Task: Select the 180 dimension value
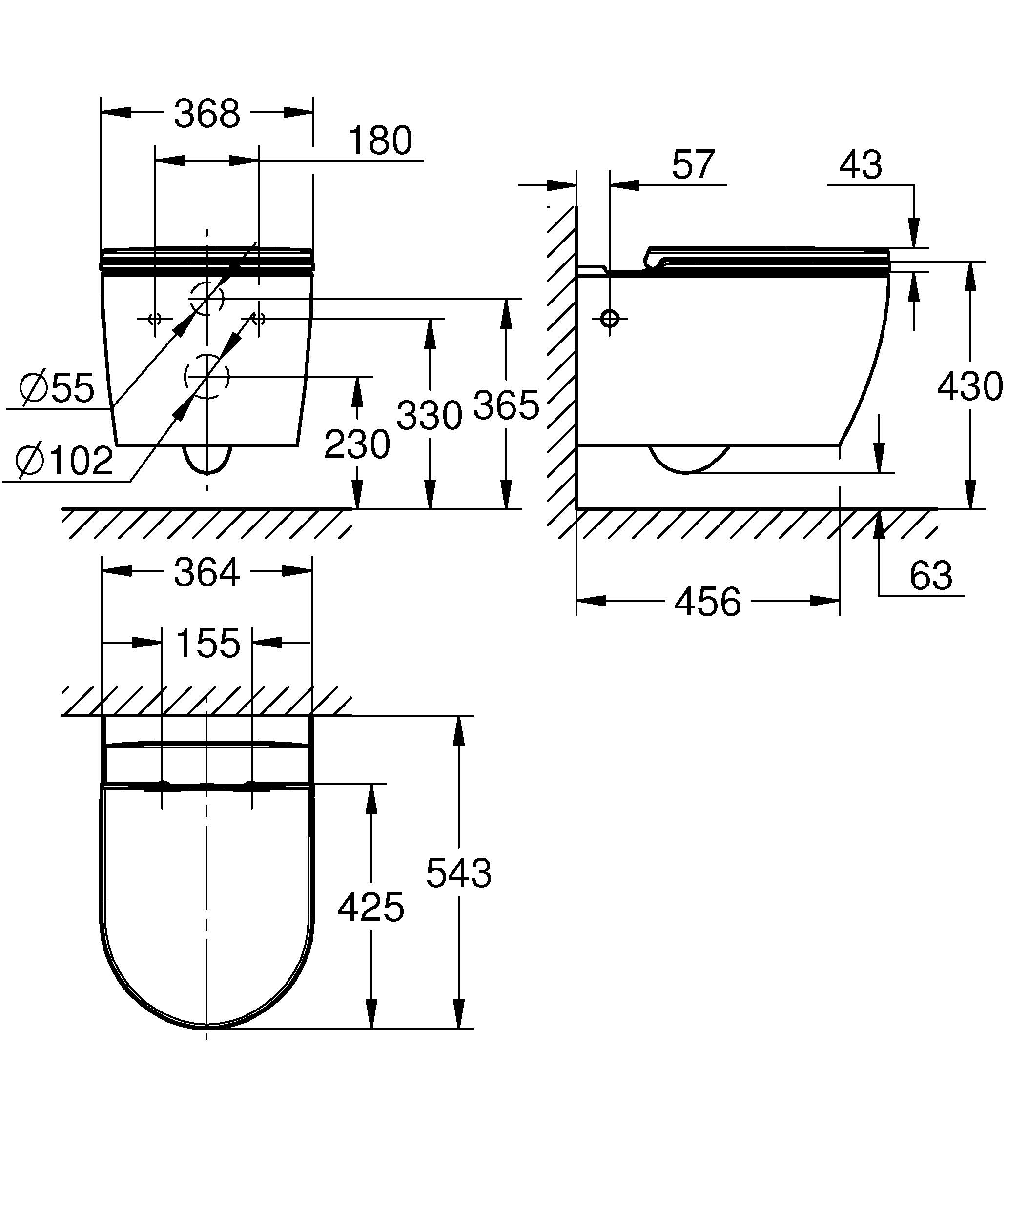380,141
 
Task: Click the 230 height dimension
357,444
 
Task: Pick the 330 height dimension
429,415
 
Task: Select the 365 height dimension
505,405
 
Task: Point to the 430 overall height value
969,386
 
